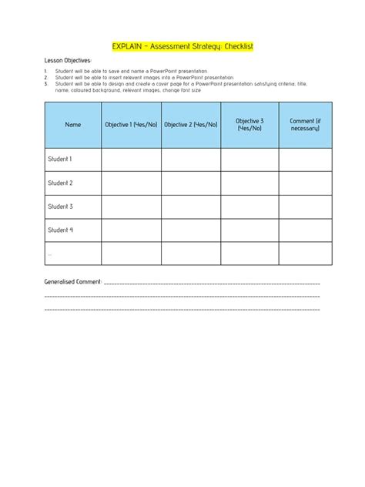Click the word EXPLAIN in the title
[128, 47]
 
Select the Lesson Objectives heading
[68, 60]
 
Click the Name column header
[73, 125]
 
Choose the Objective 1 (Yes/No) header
[132, 125]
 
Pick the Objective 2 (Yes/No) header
[191, 125]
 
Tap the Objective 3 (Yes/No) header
[249, 125]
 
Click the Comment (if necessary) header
[305, 125]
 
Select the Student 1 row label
[60, 160]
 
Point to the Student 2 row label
[60, 183]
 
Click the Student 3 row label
[60, 207]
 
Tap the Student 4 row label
[60, 230]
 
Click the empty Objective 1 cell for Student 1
[132, 160]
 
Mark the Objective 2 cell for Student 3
[191, 207]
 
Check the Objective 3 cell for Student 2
[249, 183]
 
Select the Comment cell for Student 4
[305, 230]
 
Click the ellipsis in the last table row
[50, 253]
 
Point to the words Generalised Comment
[73, 282]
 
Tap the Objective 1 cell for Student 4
[132, 230]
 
